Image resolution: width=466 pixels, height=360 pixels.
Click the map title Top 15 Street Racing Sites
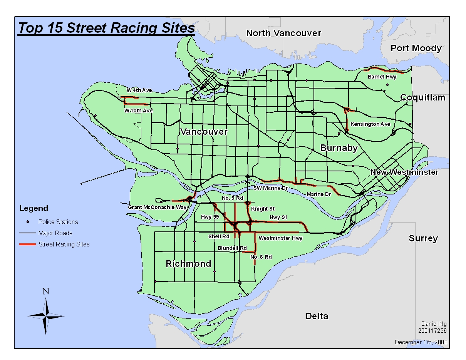(x=106, y=28)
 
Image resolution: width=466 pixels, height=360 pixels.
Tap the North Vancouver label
(x=283, y=33)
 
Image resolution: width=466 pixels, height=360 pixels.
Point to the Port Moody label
(x=416, y=48)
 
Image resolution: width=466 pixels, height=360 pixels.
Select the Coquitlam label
(x=422, y=98)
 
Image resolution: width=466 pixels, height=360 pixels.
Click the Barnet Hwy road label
(x=382, y=77)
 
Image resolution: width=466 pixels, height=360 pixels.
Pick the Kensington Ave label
(x=370, y=124)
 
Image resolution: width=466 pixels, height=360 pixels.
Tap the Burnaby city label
(x=339, y=148)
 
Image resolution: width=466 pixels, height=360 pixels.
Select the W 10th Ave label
(x=138, y=111)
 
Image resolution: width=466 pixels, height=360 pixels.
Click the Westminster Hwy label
(x=280, y=238)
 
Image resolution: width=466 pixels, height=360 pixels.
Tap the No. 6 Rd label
(x=261, y=257)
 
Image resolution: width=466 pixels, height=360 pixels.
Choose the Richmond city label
(x=188, y=264)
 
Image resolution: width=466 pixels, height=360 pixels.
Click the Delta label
(x=317, y=316)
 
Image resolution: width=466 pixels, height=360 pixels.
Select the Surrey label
(x=423, y=238)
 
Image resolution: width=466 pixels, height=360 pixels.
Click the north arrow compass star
(x=46, y=316)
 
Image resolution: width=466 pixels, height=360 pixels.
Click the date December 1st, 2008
(x=421, y=342)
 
